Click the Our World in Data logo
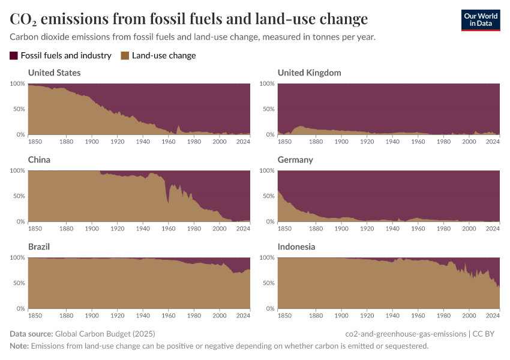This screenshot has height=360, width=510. tap(480, 20)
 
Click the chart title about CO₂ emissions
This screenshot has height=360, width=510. tap(188, 19)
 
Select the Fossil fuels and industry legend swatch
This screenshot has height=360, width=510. tap(14, 56)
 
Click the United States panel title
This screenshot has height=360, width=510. tap(54, 73)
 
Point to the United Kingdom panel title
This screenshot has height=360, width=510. tap(309, 73)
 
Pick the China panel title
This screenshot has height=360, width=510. tap(39, 160)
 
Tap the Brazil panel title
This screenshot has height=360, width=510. tap(39, 247)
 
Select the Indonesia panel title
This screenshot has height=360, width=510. tap(296, 247)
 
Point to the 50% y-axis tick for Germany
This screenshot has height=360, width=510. tap(268, 196)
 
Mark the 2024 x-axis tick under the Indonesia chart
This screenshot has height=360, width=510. tap(493, 315)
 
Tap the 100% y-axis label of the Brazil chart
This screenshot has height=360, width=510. tap(17, 257)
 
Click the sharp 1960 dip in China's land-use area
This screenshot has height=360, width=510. tap(168, 202)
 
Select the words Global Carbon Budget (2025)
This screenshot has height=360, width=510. tap(109, 334)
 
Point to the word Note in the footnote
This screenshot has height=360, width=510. tap(19, 346)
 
